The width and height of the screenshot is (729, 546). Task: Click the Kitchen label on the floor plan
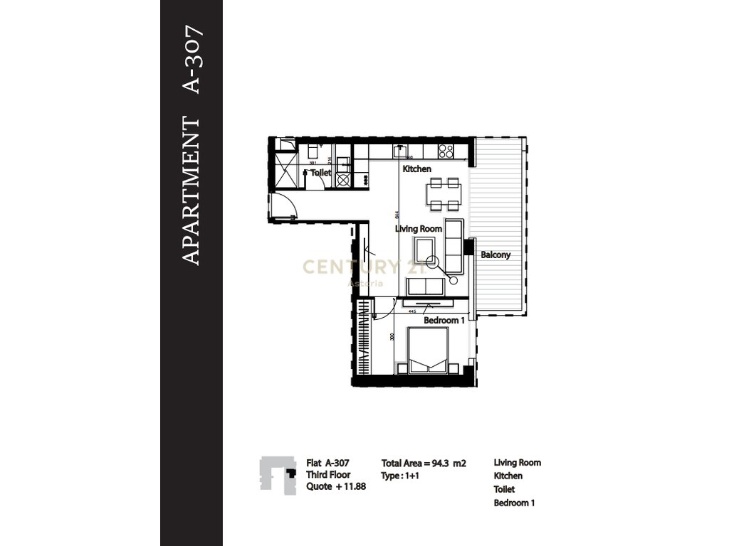(x=417, y=169)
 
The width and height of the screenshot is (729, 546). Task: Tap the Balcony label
(x=495, y=255)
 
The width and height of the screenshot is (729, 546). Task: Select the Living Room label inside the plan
(x=419, y=229)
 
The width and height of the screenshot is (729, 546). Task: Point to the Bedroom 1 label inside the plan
(x=444, y=321)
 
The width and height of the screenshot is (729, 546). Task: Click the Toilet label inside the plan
(x=321, y=172)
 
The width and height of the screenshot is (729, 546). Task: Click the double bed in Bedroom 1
(x=427, y=350)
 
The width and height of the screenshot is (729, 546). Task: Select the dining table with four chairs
(x=444, y=194)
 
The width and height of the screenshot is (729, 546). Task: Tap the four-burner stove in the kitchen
(x=446, y=151)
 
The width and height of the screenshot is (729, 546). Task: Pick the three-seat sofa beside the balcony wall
(x=453, y=247)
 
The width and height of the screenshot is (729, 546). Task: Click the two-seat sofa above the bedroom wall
(x=426, y=287)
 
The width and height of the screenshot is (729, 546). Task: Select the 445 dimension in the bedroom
(x=411, y=311)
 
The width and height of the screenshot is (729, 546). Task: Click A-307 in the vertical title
(x=193, y=60)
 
